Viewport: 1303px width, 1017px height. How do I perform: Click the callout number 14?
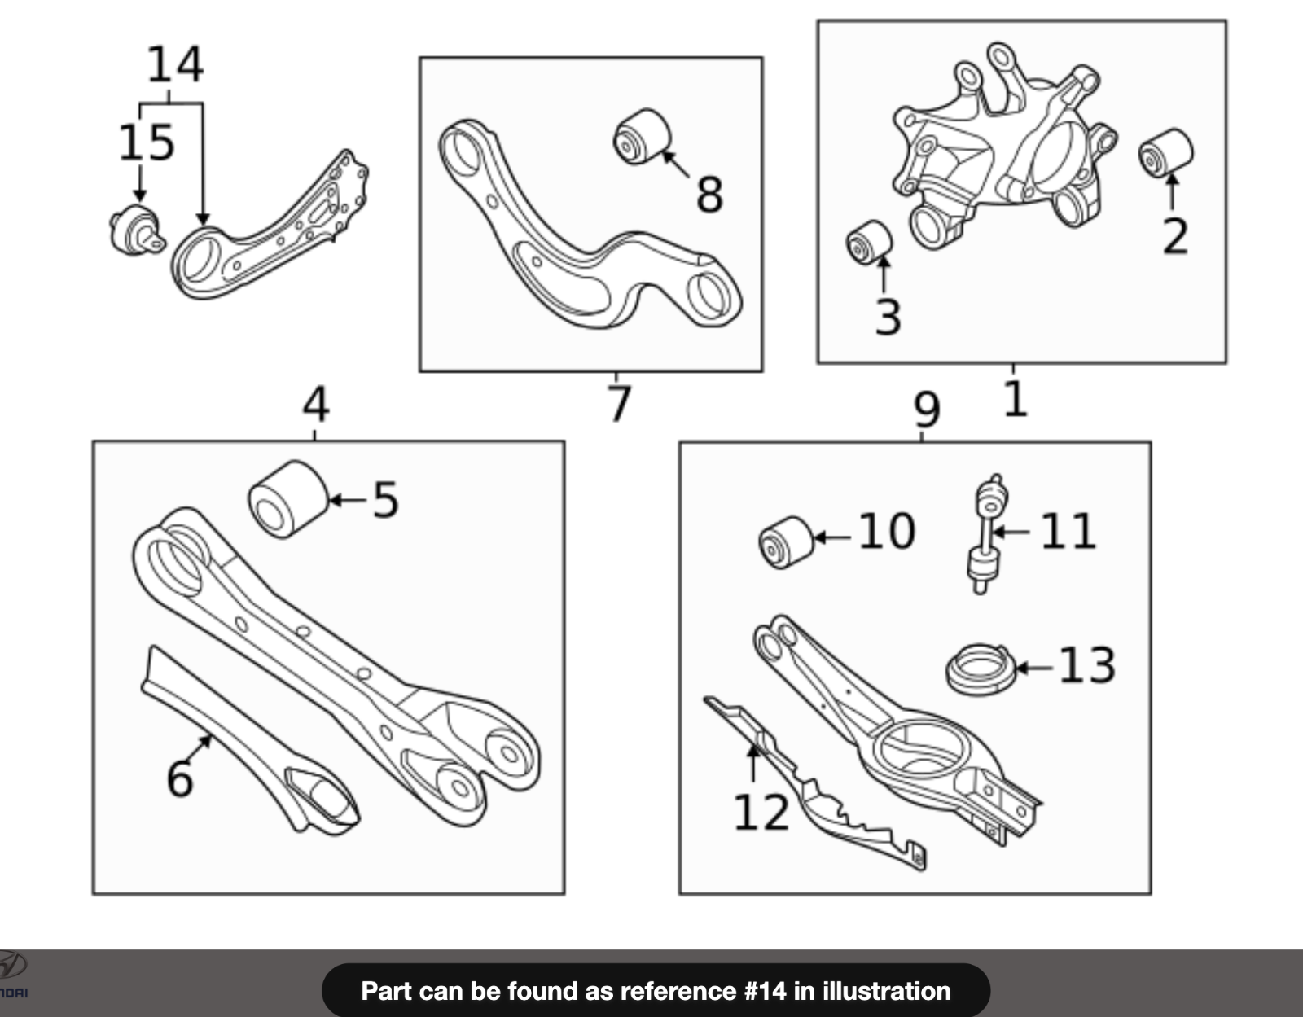(174, 65)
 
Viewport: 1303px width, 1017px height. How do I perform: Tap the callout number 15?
(147, 142)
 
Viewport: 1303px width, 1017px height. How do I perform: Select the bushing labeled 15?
(135, 230)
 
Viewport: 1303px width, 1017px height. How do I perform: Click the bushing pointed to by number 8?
(642, 136)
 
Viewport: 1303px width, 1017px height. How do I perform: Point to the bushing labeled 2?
(1165, 152)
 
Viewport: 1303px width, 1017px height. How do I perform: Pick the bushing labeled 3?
(869, 242)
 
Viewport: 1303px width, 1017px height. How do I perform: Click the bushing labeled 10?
(785, 541)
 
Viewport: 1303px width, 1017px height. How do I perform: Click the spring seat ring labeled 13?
(981, 669)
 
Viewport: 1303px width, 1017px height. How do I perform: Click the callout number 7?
(619, 403)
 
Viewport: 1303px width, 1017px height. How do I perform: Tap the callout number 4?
(315, 405)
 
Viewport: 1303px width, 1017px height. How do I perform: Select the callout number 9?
(926, 410)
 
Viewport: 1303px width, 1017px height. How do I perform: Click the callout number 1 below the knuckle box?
(1015, 399)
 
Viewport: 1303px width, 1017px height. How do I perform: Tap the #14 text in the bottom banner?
(765, 991)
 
